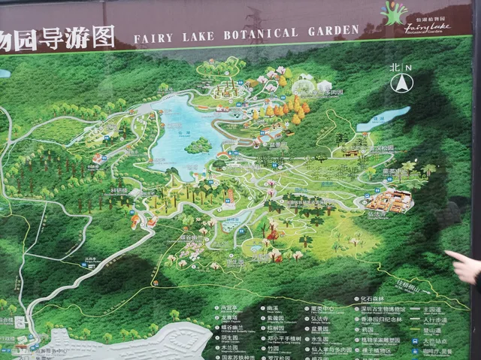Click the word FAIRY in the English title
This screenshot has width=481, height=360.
pyautogui.click(x=153, y=36)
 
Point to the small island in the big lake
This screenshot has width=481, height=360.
pyautogui.click(x=198, y=144)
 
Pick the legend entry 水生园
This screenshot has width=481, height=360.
pyautogui.click(x=319, y=338)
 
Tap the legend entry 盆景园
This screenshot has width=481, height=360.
pyautogui.click(x=319, y=328)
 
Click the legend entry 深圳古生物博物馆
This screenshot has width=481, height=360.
pyautogui.click(x=388, y=308)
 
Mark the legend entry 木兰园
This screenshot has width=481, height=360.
pyautogui.click(x=229, y=348)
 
